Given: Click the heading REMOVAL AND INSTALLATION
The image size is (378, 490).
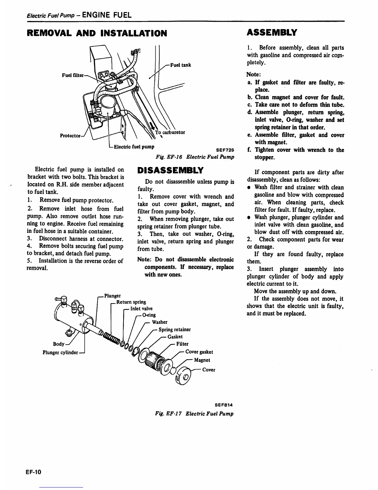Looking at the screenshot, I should (97, 33).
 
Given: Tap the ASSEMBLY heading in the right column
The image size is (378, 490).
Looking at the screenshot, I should (272, 32).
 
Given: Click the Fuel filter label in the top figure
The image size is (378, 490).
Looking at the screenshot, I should (73, 75).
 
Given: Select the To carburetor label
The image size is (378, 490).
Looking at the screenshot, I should (170, 132).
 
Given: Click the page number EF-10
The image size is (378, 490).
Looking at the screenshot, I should (34, 472).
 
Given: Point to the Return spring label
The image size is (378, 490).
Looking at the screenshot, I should (131, 302).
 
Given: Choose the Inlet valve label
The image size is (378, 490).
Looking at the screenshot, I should (141, 308).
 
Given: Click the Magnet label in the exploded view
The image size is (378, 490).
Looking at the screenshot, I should (202, 360).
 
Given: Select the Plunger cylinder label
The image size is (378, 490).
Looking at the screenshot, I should (60, 352).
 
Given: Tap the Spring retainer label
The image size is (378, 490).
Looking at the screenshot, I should (174, 329).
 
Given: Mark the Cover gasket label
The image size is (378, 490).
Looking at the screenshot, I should (199, 352).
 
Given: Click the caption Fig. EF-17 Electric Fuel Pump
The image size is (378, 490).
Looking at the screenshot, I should (195, 414).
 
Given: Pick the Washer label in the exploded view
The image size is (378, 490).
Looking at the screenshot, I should (160, 322).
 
